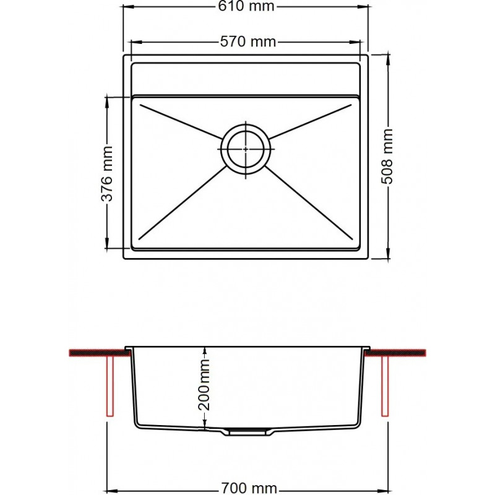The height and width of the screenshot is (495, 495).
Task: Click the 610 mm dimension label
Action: [246, 6]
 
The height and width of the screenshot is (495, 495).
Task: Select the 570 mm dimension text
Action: [248, 41]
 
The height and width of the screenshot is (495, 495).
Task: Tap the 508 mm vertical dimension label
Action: [387, 157]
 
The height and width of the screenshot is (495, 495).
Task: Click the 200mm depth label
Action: [204, 384]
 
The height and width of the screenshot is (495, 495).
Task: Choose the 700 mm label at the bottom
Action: [249, 488]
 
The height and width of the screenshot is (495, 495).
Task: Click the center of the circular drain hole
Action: [246, 148]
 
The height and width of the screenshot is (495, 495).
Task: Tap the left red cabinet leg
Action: [110, 386]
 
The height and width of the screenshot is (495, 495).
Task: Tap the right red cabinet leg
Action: [385, 386]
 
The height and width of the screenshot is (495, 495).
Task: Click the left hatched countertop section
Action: [100, 353]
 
